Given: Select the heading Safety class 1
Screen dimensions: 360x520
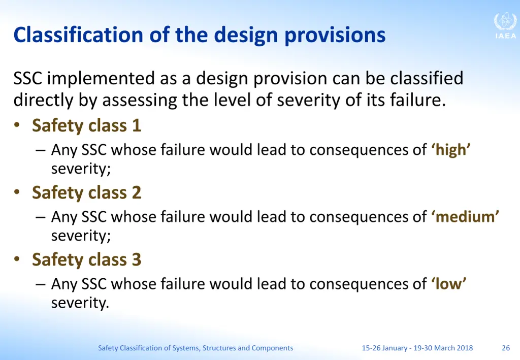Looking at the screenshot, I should (x=86, y=125).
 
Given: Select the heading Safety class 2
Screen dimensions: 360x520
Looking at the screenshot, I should (x=86, y=192).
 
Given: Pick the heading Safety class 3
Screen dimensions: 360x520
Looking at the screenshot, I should (x=86, y=259).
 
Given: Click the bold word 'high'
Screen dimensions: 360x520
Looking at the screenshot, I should (x=451, y=150).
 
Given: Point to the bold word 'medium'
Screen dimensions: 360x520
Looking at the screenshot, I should (x=465, y=217).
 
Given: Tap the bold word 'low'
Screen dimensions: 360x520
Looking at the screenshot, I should (x=449, y=284).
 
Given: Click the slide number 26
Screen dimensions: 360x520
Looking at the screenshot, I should (x=505, y=348).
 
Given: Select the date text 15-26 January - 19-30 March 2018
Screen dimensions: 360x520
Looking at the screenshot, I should (x=417, y=348).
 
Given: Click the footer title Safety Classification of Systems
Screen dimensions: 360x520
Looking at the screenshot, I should (x=196, y=348).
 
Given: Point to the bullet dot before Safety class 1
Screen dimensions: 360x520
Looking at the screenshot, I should (x=18, y=125).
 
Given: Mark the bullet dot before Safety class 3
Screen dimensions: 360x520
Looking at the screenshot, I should (x=18, y=259).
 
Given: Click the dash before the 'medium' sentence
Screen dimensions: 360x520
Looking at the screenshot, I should (x=41, y=217).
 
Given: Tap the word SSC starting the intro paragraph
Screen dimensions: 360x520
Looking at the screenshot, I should (x=28, y=79).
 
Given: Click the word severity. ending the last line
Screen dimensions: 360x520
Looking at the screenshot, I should (x=80, y=304).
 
